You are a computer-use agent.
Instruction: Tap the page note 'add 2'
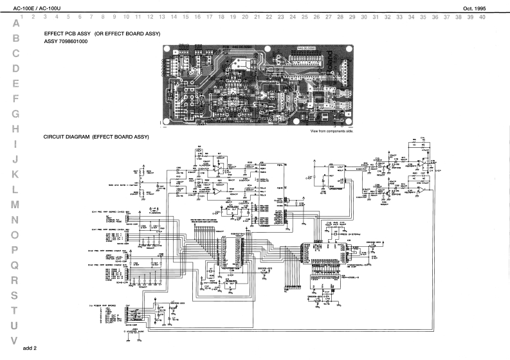pos(30,348)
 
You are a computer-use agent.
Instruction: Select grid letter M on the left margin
pos(15,206)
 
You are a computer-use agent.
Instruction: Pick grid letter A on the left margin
pos(15,23)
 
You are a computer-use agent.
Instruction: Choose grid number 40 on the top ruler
pos(482,17)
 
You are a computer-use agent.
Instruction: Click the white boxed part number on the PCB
pos(307,48)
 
